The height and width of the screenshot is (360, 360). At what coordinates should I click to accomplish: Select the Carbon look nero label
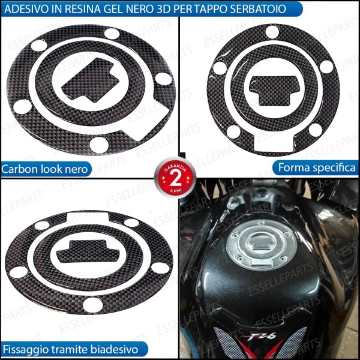46,169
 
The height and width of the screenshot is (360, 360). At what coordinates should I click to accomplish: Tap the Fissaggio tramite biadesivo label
71,349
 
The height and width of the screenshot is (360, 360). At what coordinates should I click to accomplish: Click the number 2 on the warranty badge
176,178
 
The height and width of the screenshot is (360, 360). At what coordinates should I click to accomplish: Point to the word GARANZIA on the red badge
176,166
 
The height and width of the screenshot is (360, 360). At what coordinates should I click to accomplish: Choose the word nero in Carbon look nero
77,169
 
